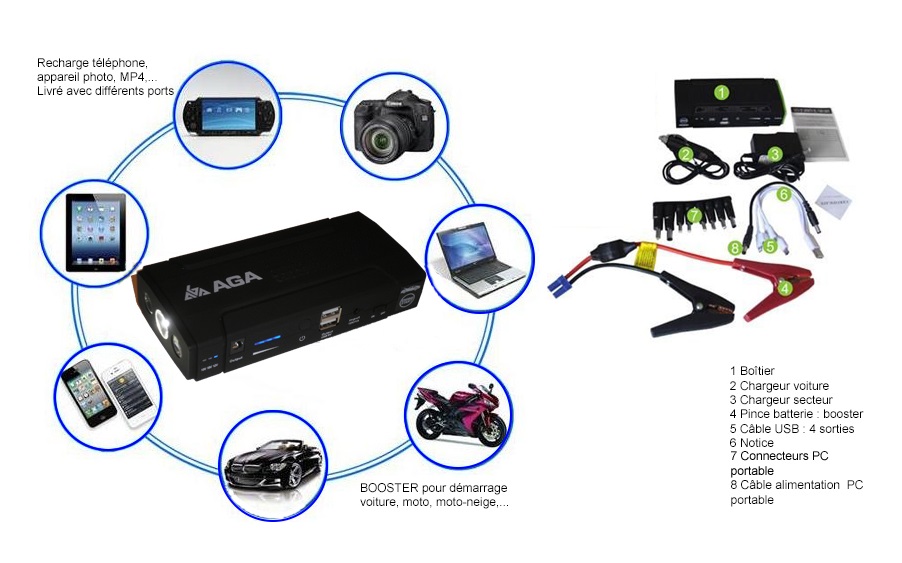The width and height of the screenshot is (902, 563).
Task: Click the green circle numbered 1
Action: pyautogui.click(x=721, y=92)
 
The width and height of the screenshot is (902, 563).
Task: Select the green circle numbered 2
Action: pyautogui.click(x=686, y=153)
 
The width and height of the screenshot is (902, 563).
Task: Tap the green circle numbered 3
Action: pyautogui.click(x=774, y=155)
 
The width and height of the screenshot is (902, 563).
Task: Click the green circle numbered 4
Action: pyautogui.click(x=785, y=289)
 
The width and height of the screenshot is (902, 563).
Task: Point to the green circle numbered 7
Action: pyautogui.click(x=695, y=214)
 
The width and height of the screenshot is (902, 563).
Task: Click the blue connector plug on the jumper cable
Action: pyautogui.click(x=558, y=283)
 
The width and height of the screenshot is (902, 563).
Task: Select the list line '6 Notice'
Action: pyautogui.click(x=752, y=442)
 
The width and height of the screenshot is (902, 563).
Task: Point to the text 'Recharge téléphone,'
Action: pyautogui.click(x=92, y=63)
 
